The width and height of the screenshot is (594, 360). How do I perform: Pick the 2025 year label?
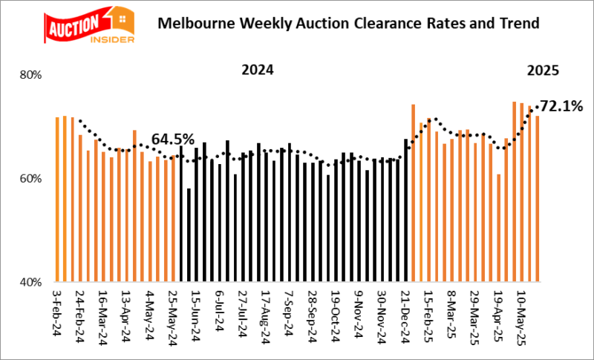[542, 71]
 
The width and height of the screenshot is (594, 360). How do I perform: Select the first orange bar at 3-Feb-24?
[57, 200]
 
